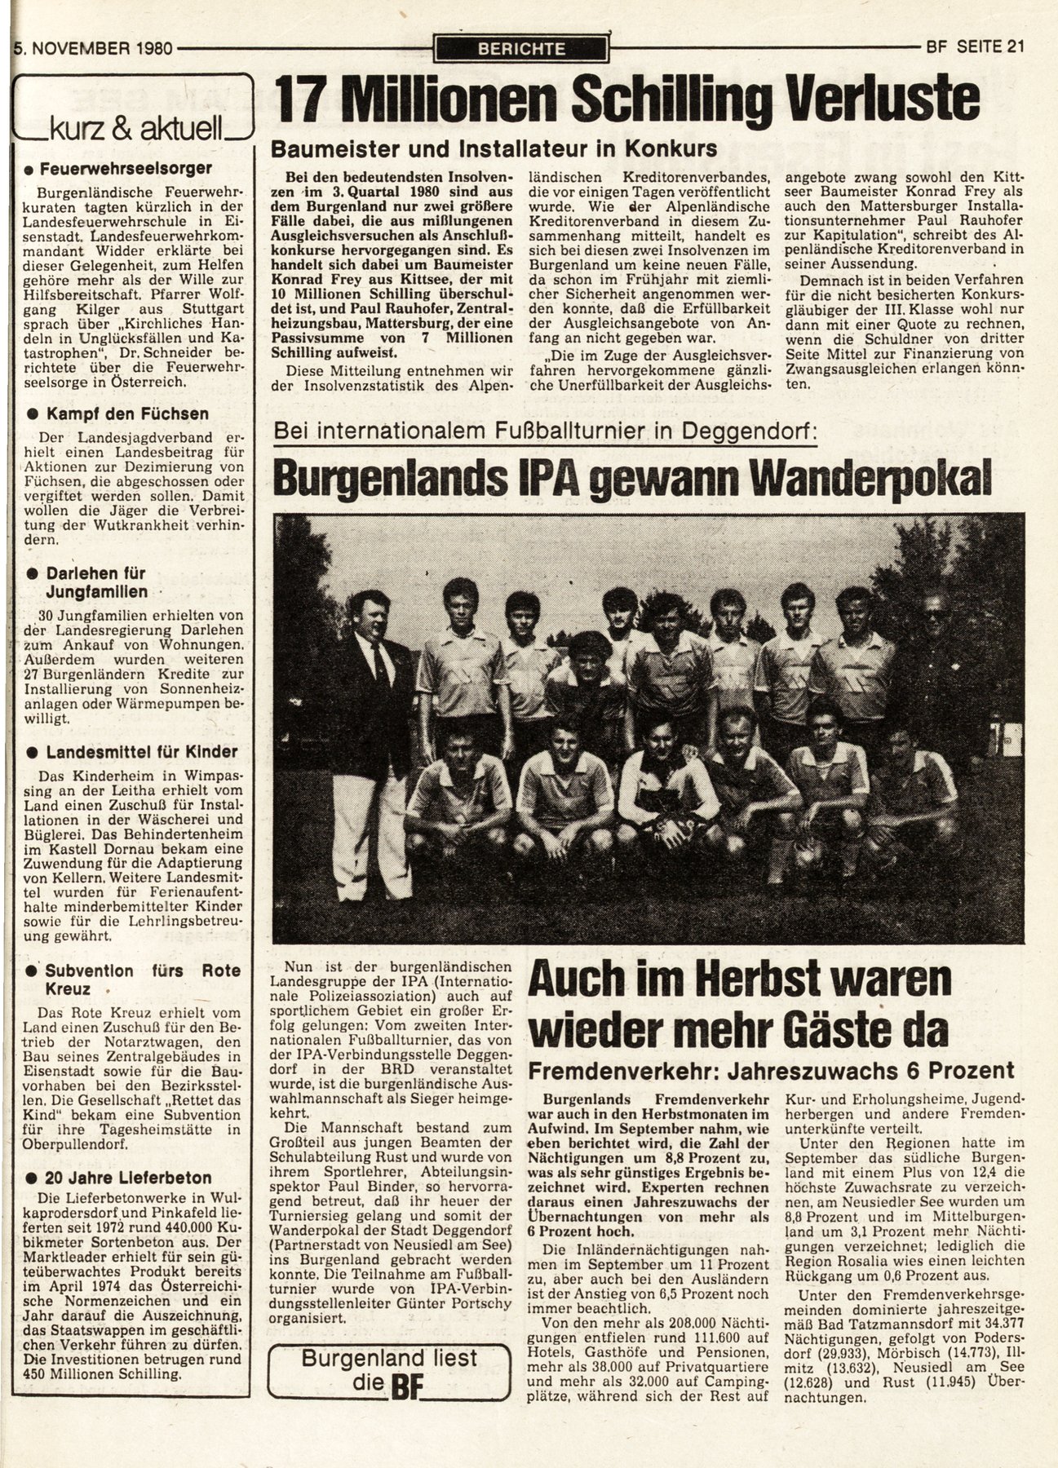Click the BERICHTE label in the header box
pyautogui.click(x=521, y=48)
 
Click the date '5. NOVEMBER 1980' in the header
pyautogui.click(x=93, y=48)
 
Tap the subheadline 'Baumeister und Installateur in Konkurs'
pyautogui.click(x=494, y=148)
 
